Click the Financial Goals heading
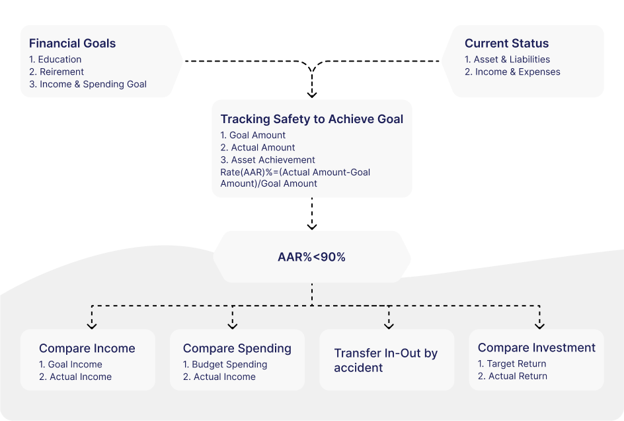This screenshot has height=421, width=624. coord(72,44)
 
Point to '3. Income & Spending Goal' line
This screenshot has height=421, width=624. coord(88,84)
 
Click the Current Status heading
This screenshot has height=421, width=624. coord(506,44)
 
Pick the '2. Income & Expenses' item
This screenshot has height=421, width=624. coord(512,71)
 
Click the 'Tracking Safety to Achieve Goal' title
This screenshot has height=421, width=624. coord(311,119)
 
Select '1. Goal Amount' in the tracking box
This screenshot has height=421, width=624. coord(253,135)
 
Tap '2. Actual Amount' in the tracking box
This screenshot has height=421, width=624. coord(258,148)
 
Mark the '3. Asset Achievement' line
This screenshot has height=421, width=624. coord(268,160)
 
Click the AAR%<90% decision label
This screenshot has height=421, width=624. coord(311,257)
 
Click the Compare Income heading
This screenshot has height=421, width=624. coord(87,348)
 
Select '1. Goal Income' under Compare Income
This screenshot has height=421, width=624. coord(71,364)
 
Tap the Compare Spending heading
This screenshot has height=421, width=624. coord(237,348)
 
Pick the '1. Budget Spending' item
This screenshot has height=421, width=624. coord(225,364)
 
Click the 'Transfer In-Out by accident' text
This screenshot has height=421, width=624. coord(385,360)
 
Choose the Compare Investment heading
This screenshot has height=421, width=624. coord(536,348)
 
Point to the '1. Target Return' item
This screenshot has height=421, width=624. coord(512,363)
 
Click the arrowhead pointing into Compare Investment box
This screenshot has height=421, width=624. coord(539,324)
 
